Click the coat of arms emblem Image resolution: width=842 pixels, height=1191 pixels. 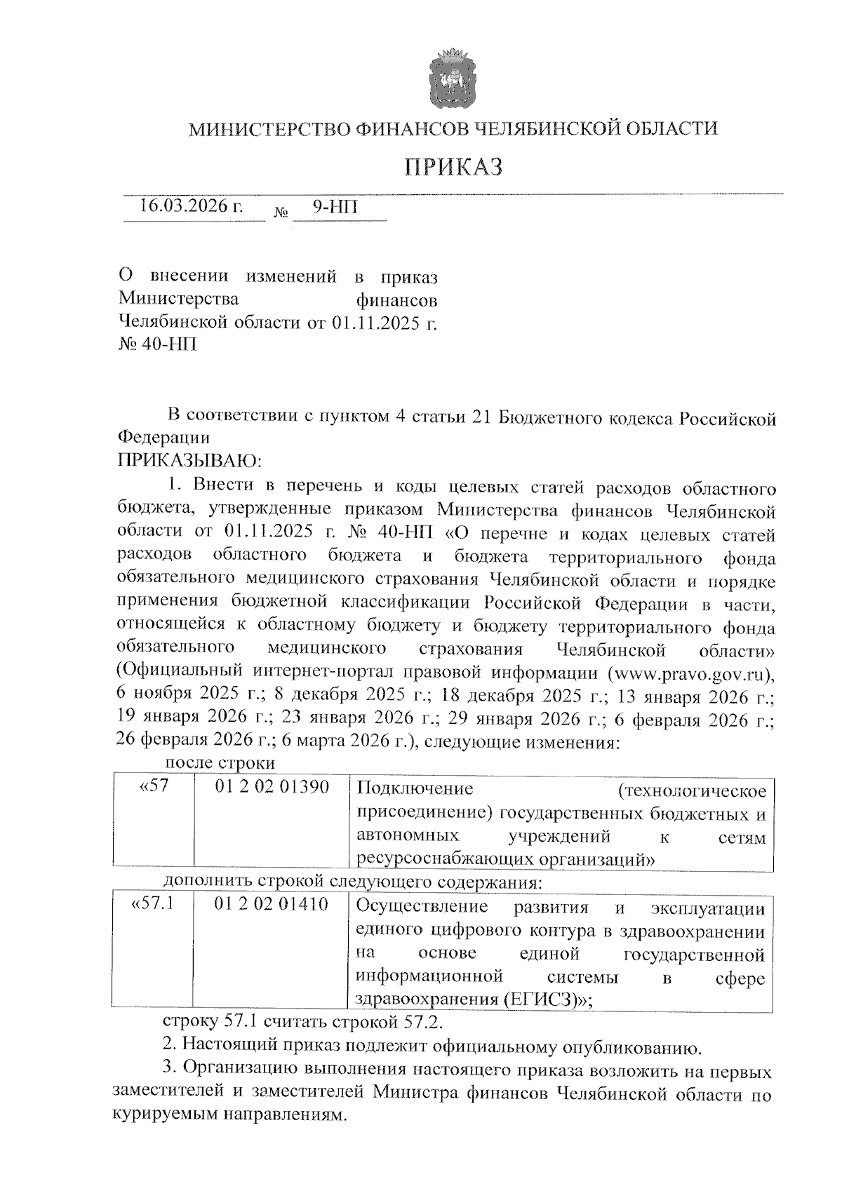(453, 78)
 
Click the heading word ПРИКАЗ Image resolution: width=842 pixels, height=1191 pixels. (453, 167)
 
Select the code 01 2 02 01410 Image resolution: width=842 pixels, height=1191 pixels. (272, 905)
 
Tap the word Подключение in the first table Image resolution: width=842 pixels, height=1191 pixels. (415, 788)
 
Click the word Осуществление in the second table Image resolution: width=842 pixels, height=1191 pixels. (422, 906)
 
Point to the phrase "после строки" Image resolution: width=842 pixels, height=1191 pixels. (220, 762)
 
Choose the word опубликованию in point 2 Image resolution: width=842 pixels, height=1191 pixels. (628, 1048)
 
